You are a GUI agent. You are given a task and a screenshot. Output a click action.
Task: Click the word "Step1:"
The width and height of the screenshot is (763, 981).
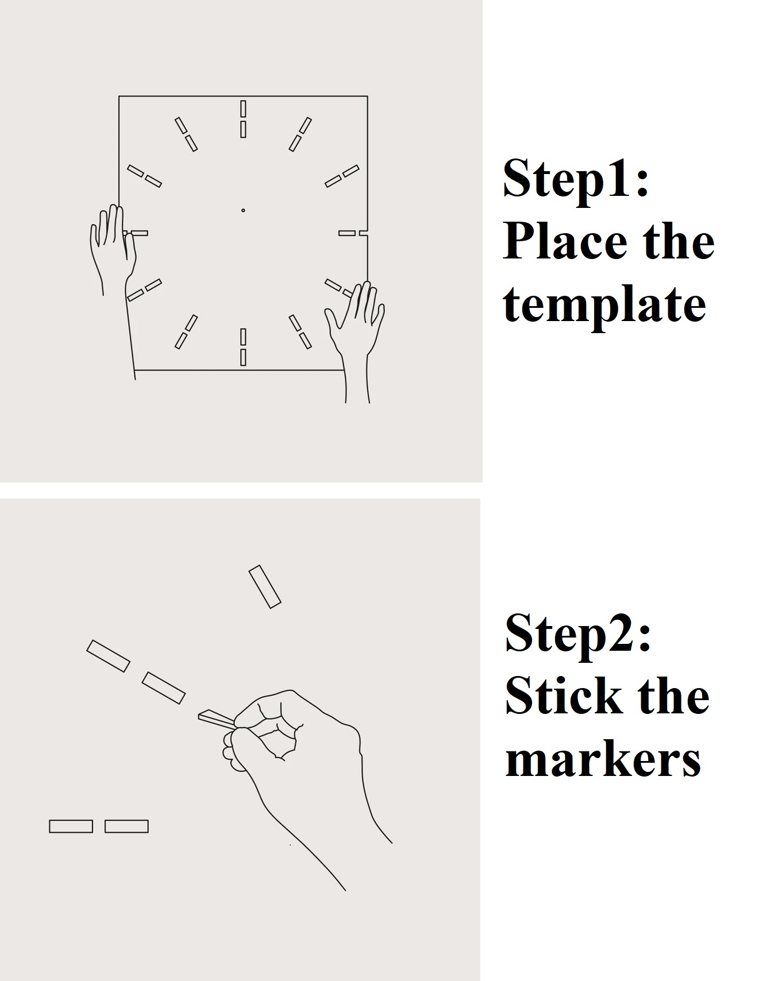[x=576, y=178]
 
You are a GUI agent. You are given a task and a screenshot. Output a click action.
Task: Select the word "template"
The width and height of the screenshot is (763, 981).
[x=604, y=306]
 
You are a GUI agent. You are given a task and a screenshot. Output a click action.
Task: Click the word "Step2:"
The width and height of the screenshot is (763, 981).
[x=578, y=633]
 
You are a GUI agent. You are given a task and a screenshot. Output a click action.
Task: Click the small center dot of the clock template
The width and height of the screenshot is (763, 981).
[x=243, y=211]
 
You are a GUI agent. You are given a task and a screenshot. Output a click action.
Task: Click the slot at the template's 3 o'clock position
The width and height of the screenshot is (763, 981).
[x=347, y=233]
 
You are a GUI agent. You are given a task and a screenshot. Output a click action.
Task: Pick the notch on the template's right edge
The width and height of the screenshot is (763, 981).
[x=364, y=233]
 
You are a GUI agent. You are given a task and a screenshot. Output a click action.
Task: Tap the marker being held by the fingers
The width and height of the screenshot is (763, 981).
[x=216, y=717]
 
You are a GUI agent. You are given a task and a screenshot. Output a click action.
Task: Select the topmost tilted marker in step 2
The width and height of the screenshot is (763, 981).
[x=265, y=586]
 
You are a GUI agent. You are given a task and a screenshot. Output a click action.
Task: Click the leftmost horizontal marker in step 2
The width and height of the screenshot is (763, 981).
[x=71, y=826]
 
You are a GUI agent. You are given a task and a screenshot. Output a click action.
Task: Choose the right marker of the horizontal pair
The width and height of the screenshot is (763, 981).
[x=126, y=826]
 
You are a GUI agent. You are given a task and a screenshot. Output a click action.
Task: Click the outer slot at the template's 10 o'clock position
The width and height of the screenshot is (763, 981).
[x=136, y=171]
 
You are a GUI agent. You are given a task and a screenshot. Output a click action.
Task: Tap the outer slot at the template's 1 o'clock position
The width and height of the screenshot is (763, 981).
[x=306, y=125]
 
